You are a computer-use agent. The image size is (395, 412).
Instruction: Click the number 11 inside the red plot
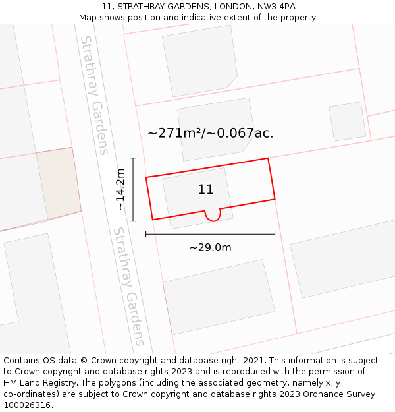tap(205, 190)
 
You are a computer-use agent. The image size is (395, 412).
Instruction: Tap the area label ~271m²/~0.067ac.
tap(210, 133)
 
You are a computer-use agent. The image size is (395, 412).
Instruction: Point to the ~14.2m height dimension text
tap(120, 189)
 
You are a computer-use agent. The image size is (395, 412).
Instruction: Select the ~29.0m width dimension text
tap(210, 248)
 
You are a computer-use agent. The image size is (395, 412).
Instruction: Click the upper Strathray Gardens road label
tap(93, 95)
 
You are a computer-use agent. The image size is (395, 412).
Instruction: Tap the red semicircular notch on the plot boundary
tap(212, 216)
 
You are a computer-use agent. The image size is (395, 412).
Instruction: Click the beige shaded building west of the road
tap(59, 183)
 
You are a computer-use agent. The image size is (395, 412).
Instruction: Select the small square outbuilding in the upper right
tap(348, 121)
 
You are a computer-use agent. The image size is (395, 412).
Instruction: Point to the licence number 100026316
tap(28, 405)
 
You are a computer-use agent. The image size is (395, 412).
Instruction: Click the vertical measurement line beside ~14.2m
tap(133, 189)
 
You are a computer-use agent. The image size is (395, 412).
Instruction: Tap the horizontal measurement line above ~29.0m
tap(210, 234)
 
